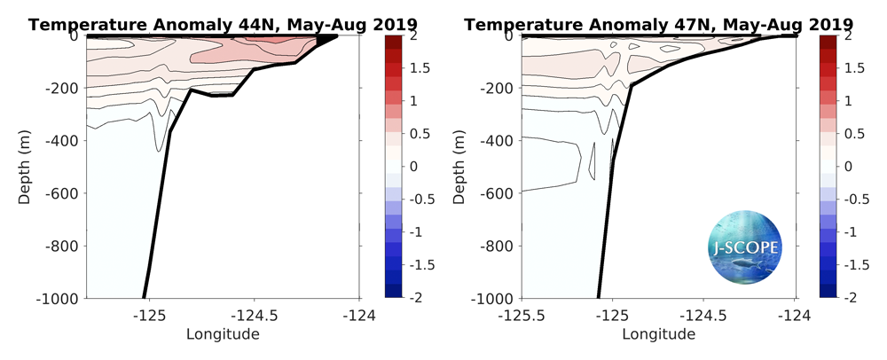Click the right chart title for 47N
coord(659,24)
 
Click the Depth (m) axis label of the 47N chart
coord(462,166)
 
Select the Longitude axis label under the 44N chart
coord(223,334)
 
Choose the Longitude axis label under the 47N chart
coord(658,334)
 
